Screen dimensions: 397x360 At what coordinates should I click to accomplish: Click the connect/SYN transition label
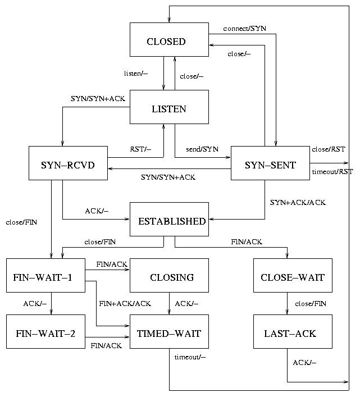click(244, 28)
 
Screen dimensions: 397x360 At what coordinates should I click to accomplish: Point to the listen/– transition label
click(136, 74)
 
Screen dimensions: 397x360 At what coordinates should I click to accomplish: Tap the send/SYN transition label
click(202, 149)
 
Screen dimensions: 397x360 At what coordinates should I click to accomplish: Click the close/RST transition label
click(329, 149)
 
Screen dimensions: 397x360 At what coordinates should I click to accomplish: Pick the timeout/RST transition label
click(332, 172)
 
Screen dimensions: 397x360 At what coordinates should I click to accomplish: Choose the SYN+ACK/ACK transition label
click(298, 202)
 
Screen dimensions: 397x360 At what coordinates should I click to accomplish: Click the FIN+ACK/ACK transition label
click(125, 304)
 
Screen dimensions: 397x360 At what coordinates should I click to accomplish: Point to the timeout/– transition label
click(190, 358)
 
